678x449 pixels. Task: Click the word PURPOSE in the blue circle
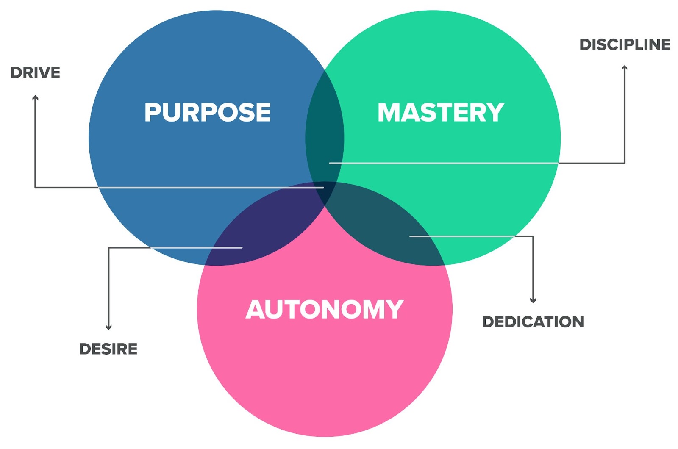pyautogui.click(x=208, y=112)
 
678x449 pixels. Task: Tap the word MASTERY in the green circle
pyautogui.click(x=441, y=112)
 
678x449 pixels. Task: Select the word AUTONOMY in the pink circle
pyautogui.click(x=325, y=309)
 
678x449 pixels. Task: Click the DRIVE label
pyautogui.click(x=35, y=73)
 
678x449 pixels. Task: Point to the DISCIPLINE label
pyautogui.click(x=625, y=44)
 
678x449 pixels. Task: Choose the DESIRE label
pyautogui.click(x=108, y=349)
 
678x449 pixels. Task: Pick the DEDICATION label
pyautogui.click(x=533, y=322)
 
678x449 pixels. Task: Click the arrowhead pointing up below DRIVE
pyautogui.click(x=36, y=98)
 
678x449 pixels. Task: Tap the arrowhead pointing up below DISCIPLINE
pyautogui.click(x=625, y=68)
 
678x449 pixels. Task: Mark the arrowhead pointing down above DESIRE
pyautogui.click(x=108, y=327)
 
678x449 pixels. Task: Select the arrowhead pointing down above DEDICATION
pyautogui.click(x=533, y=300)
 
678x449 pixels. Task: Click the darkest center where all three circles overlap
pyautogui.click(x=325, y=193)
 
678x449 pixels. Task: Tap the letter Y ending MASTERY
pyautogui.click(x=495, y=112)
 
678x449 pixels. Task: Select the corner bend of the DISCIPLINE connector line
pyautogui.click(x=625, y=163)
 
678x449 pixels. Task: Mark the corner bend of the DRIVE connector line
pyautogui.click(x=35, y=188)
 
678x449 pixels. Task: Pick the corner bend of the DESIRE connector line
pyautogui.click(x=108, y=247)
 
